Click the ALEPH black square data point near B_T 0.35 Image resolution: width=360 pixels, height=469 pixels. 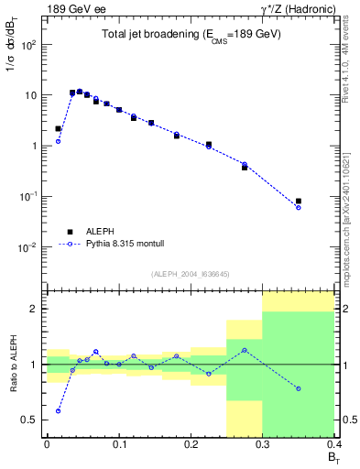click(x=299, y=201)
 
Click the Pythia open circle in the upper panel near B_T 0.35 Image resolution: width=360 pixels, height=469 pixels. click(x=299, y=208)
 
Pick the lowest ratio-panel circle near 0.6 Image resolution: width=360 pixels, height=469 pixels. click(x=58, y=410)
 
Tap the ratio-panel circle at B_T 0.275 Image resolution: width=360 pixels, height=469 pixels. click(x=245, y=350)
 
